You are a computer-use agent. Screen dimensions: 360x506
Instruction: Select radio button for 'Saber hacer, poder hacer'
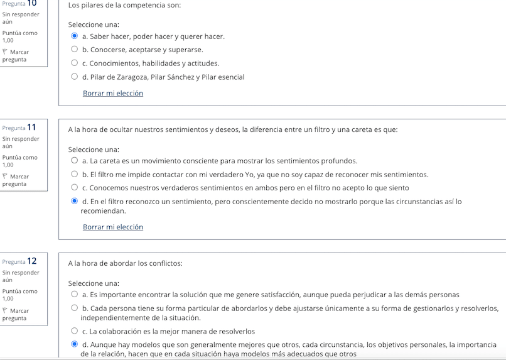click(x=75, y=36)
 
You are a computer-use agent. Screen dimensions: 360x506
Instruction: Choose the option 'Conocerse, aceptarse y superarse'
click(x=75, y=50)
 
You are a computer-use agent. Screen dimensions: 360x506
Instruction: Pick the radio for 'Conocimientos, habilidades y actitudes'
click(x=75, y=63)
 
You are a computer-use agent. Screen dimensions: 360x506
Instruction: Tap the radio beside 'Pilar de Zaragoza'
click(x=75, y=77)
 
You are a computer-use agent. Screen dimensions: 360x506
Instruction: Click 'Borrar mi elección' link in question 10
click(x=113, y=94)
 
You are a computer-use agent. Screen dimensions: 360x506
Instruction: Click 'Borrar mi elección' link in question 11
click(x=113, y=227)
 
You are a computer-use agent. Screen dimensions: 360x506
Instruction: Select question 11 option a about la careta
click(x=75, y=161)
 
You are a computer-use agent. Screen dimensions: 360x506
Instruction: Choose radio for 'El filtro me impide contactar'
click(x=75, y=175)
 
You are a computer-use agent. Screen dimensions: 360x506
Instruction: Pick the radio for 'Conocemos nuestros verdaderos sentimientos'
click(x=75, y=188)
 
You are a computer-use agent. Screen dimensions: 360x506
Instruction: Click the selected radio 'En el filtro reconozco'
click(x=75, y=202)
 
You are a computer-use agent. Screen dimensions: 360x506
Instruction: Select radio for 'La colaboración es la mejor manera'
click(x=75, y=331)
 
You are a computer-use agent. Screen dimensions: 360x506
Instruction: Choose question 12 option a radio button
click(x=75, y=295)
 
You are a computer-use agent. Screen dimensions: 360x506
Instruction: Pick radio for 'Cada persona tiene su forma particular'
click(x=75, y=308)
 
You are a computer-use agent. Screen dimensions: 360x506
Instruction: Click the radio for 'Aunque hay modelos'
click(x=75, y=344)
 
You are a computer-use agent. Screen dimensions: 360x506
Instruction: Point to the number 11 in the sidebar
click(x=31, y=128)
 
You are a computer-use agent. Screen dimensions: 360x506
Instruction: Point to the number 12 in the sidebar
click(x=31, y=261)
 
